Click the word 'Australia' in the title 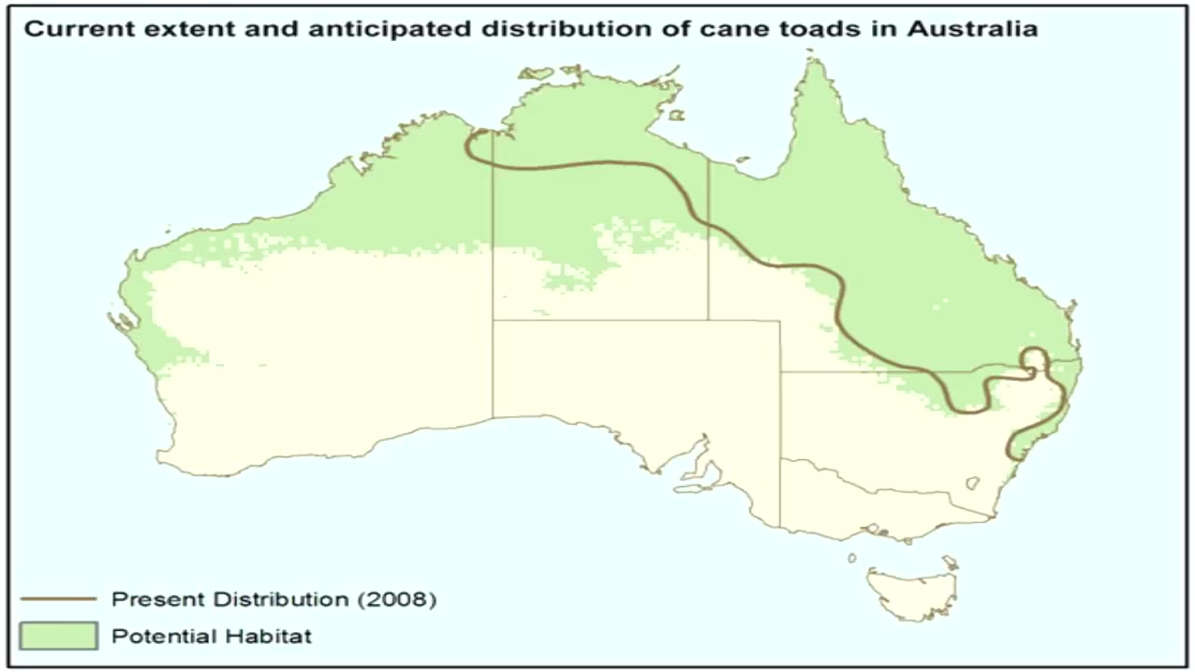972,29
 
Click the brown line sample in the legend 58,598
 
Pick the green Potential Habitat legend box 58,637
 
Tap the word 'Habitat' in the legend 271,637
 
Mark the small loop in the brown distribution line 1033,360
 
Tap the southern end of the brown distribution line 1010,456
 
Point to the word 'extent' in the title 165,29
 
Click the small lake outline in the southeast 973,483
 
